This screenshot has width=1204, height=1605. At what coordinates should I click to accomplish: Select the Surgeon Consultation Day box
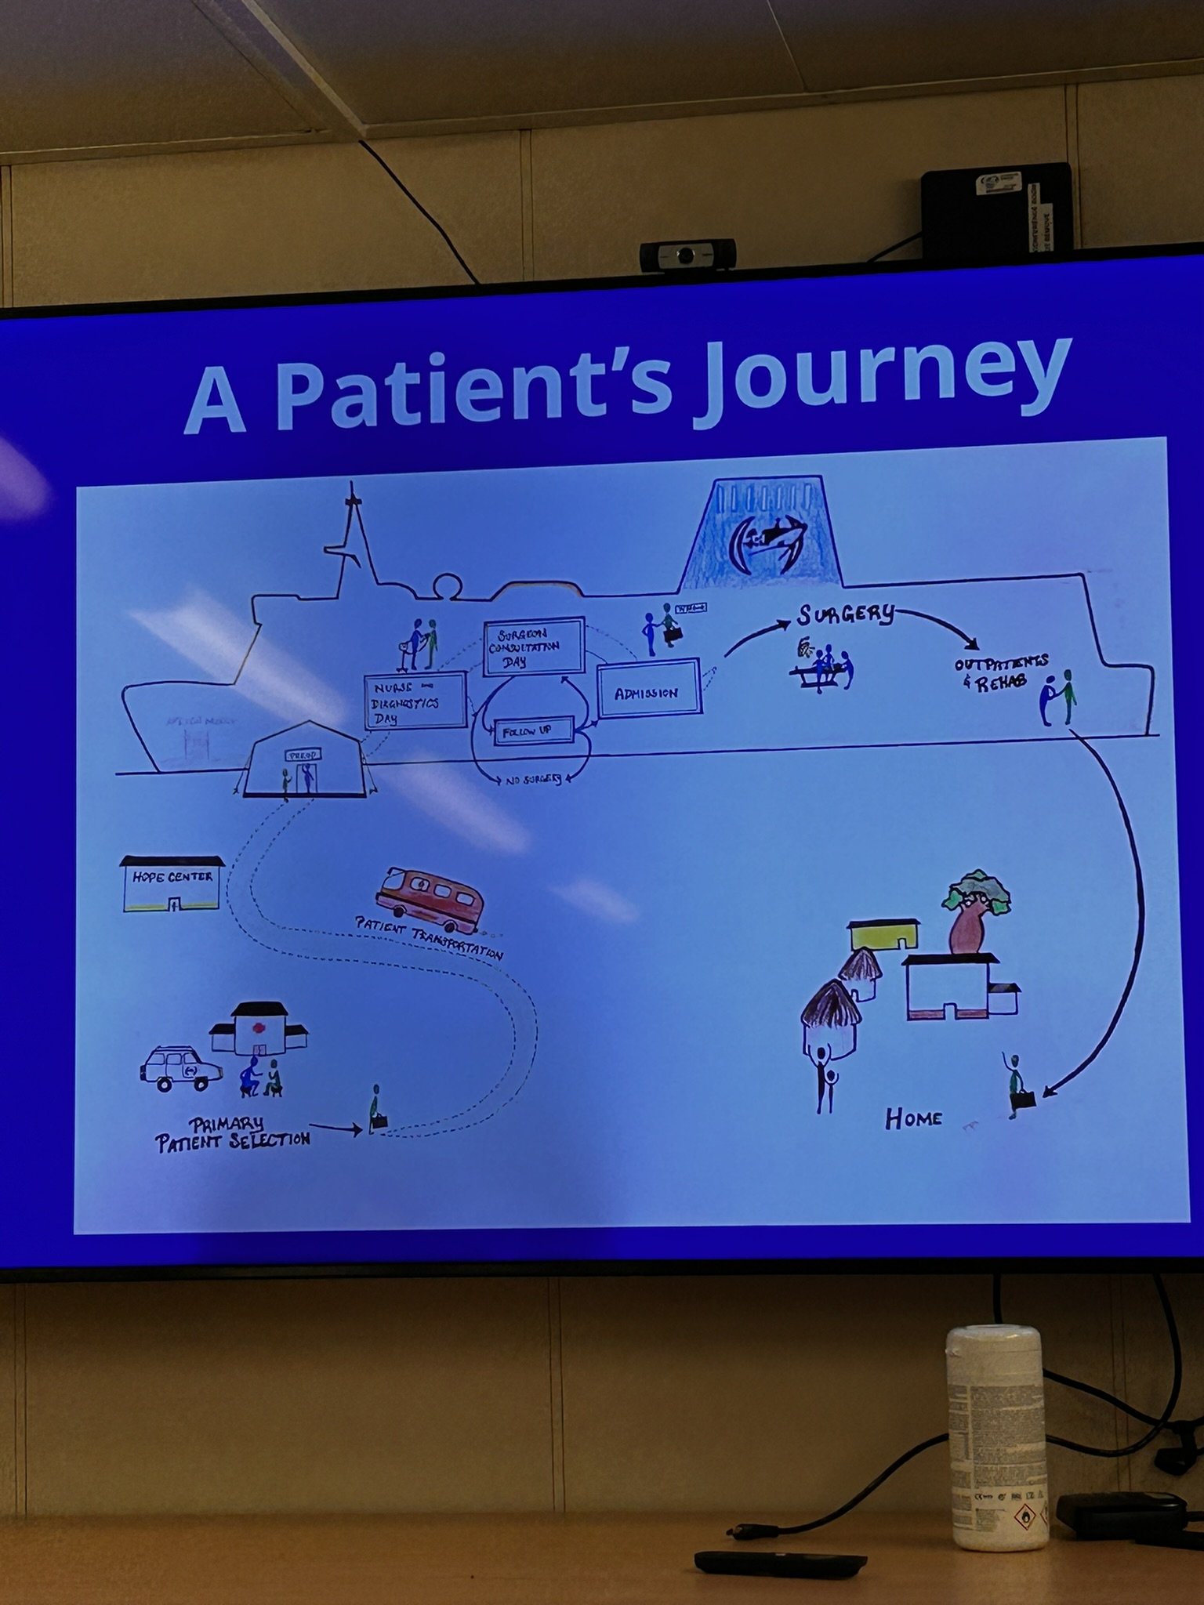(533, 647)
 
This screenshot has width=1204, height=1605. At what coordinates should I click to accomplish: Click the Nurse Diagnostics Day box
(415, 700)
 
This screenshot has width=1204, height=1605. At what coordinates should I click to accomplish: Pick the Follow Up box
(533, 732)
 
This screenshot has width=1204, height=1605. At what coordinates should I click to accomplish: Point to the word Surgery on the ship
(846, 615)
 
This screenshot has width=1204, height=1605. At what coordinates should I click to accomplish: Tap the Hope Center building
(172, 884)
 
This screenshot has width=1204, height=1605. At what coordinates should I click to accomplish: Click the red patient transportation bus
(429, 900)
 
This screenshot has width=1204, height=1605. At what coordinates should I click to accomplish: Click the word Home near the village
(913, 1118)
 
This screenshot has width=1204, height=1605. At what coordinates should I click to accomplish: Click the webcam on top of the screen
(687, 255)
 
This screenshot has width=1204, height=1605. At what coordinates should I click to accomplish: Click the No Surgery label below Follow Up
(533, 779)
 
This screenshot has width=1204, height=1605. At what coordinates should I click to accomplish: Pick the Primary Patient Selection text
(232, 1132)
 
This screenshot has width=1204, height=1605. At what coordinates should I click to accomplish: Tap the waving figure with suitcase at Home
(1017, 1085)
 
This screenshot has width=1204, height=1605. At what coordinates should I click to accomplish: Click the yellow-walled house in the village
(883, 936)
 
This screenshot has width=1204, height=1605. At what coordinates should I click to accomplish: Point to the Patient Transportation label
(430, 938)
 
